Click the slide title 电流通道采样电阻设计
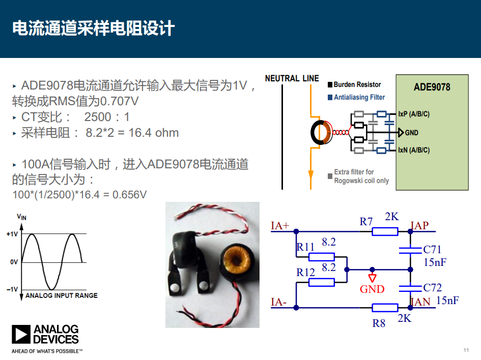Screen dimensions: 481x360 click(x=94, y=28)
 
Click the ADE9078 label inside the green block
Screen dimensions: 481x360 click(x=432, y=87)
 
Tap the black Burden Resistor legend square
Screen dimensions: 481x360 click(x=330, y=85)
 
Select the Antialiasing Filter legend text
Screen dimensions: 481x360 click(x=359, y=97)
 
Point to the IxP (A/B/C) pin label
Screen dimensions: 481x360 click(x=414, y=114)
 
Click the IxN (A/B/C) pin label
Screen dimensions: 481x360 click(x=414, y=150)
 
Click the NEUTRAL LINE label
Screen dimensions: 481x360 click(x=292, y=78)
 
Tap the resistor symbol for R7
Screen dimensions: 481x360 click(x=385, y=231)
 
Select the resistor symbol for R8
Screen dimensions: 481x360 click(x=385, y=308)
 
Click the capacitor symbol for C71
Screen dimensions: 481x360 click(x=410, y=250)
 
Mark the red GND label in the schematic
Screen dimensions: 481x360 click(x=372, y=289)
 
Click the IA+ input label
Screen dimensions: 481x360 click(x=280, y=226)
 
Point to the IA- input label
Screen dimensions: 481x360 click(x=278, y=302)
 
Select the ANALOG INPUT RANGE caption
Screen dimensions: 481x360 click(x=62, y=295)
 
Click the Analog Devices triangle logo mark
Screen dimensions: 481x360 click(x=21, y=334)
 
